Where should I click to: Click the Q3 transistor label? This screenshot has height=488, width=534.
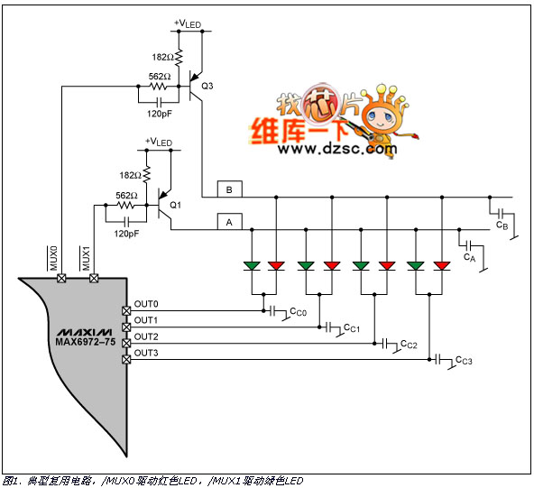[x=207, y=86]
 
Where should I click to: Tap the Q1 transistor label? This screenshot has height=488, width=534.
[x=175, y=205]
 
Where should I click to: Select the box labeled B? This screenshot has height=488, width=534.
[x=230, y=189]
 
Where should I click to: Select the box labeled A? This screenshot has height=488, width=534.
[x=230, y=222]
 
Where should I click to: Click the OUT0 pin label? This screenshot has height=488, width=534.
[x=146, y=304]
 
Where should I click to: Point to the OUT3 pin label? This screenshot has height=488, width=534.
[x=146, y=353]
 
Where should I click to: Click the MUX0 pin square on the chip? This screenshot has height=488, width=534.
[x=61, y=278]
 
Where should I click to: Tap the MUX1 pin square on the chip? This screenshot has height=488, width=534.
[x=94, y=278]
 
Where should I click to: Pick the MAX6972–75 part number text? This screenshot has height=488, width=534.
[x=86, y=342]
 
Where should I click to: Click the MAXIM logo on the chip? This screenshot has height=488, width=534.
[x=84, y=332]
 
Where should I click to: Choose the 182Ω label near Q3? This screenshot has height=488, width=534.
[x=162, y=57]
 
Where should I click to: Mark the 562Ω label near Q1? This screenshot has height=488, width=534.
[x=126, y=196]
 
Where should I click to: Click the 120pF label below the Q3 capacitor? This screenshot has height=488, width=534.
[x=160, y=114]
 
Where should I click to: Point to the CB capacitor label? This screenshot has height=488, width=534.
[x=502, y=226]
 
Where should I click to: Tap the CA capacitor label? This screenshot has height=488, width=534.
[x=469, y=257]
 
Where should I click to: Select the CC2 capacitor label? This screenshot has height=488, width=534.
[x=409, y=345]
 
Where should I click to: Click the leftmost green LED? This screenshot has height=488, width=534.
[x=252, y=265]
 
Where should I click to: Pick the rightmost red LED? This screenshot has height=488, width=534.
[x=442, y=265]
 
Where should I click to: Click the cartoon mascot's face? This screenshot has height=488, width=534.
[x=380, y=116]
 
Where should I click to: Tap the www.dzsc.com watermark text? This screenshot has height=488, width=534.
[x=337, y=149]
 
